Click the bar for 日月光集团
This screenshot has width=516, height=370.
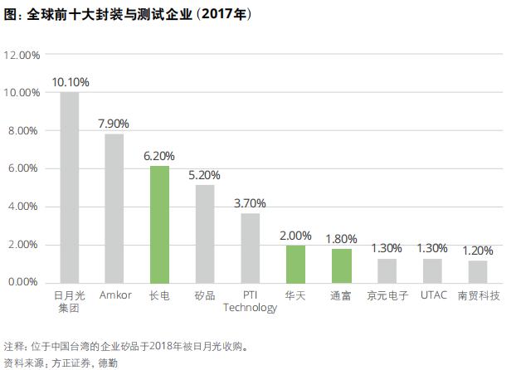[x=70, y=187]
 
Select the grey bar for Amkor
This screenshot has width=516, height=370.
[x=114, y=208]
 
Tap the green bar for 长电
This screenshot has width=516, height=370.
[x=160, y=224]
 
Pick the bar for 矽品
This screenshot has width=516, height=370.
[x=205, y=233]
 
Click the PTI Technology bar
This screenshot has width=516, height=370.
[x=251, y=247]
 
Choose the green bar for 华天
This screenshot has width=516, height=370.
[x=295, y=264]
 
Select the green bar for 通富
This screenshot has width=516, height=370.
[x=341, y=265]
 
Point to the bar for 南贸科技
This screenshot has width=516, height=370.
[x=477, y=271]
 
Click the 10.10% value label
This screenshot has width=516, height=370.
[x=71, y=82]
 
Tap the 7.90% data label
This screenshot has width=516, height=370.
[x=115, y=124]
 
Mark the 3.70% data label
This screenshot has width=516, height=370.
[x=251, y=203]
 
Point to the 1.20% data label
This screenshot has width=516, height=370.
[x=477, y=251]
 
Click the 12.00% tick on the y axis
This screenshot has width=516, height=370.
[x=22, y=55]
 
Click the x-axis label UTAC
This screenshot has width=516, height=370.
[x=432, y=295]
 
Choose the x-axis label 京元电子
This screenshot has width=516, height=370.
[x=387, y=295]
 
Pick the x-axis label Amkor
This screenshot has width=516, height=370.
[x=114, y=295]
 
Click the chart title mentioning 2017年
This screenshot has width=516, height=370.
[x=129, y=15]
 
